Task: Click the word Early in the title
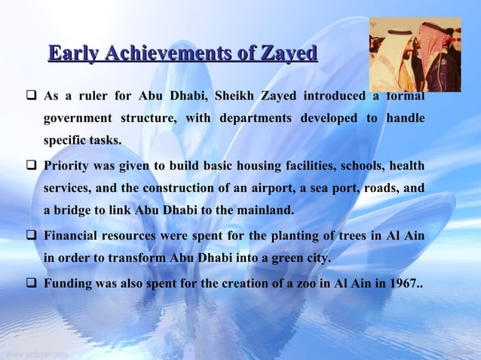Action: coord(75,53)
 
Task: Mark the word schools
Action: coord(341,165)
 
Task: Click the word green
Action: coord(283,259)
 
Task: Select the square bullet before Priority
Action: coord(32,165)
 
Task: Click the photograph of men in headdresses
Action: coord(414,53)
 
